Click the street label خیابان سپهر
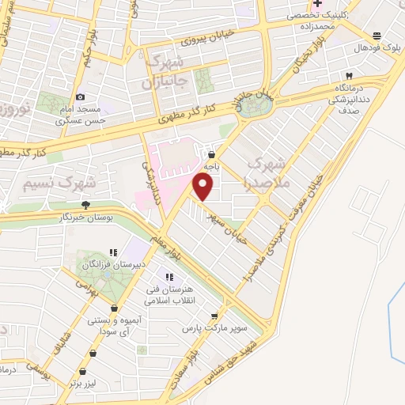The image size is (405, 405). click(228, 217)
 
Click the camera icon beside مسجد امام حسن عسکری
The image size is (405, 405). click(80, 97)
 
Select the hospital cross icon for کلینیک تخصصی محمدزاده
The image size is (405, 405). click(317, 4)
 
